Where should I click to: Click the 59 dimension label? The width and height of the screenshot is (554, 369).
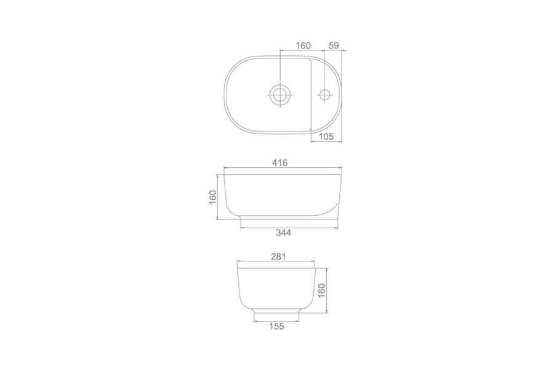334,46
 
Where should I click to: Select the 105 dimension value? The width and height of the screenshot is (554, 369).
326,137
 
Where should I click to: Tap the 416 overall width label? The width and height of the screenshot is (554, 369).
280,162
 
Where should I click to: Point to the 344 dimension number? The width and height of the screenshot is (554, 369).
283,232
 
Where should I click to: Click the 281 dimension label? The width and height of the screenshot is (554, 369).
278,256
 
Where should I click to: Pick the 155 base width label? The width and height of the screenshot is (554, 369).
276,327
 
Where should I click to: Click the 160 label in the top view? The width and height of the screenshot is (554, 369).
303,46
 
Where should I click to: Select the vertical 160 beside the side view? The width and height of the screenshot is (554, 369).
213,197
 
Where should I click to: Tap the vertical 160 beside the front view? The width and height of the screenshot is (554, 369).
321,290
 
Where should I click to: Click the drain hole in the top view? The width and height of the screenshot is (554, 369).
280,95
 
